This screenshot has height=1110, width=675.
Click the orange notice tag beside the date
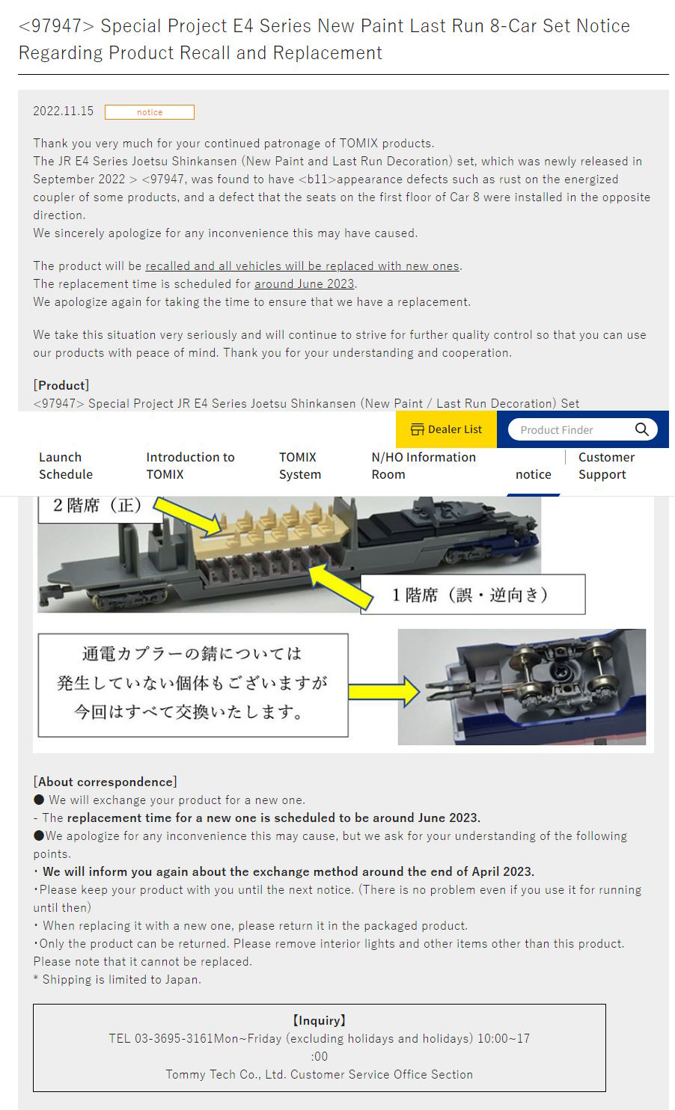tap(149, 112)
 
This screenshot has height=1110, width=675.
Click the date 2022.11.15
tap(63, 111)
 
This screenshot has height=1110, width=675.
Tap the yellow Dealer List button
tap(446, 429)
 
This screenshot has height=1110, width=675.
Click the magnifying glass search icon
tap(642, 429)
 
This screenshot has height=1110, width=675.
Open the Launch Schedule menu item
tap(66, 466)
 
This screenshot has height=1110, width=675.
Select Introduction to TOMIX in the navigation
tap(190, 466)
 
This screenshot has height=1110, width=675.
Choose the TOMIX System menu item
tap(300, 466)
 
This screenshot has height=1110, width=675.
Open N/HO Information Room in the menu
tap(424, 466)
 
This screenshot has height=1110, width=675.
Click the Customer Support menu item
tap(607, 466)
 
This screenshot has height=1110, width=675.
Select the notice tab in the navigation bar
tap(534, 474)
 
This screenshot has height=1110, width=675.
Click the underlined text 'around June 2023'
tap(305, 284)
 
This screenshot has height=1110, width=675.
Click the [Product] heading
tap(61, 385)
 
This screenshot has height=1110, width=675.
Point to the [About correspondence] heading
tap(105, 782)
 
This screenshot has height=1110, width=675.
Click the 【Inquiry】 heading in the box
tap(319, 1021)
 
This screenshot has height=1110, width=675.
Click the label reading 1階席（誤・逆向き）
tap(473, 595)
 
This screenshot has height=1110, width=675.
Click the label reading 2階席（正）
tap(99, 506)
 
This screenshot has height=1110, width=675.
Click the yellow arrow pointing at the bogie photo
tap(384, 692)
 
